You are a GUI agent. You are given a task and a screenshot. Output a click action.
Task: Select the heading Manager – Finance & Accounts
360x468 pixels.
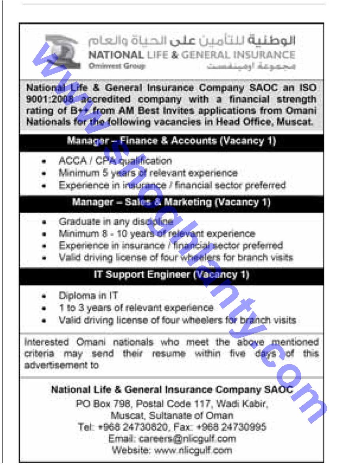click(x=171, y=141)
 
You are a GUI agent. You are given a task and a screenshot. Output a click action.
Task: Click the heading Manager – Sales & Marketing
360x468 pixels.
click(x=171, y=202)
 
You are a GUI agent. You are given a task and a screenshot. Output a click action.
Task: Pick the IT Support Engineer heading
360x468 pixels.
click(x=171, y=275)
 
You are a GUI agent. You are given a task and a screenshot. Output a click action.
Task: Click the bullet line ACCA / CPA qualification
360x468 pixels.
click(x=115, y=161)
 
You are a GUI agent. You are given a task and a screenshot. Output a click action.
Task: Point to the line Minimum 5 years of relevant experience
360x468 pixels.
click(x=148, y=173)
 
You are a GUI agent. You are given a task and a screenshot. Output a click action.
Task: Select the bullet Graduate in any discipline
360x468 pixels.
click(x=116, y=222)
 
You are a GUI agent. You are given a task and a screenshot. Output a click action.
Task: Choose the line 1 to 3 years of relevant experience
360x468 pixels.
click(x=136, y=308)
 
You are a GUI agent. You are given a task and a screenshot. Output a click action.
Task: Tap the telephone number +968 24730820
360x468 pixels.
click(x=144, y=427)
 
